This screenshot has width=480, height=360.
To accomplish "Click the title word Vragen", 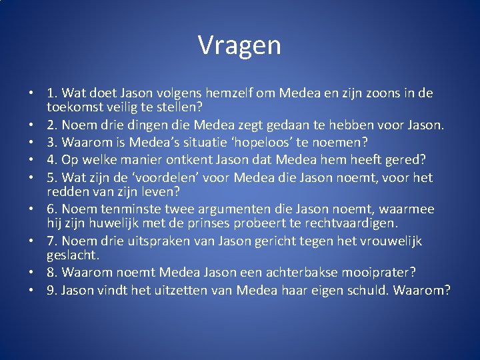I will pyautogui.click(x=239, y=45).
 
